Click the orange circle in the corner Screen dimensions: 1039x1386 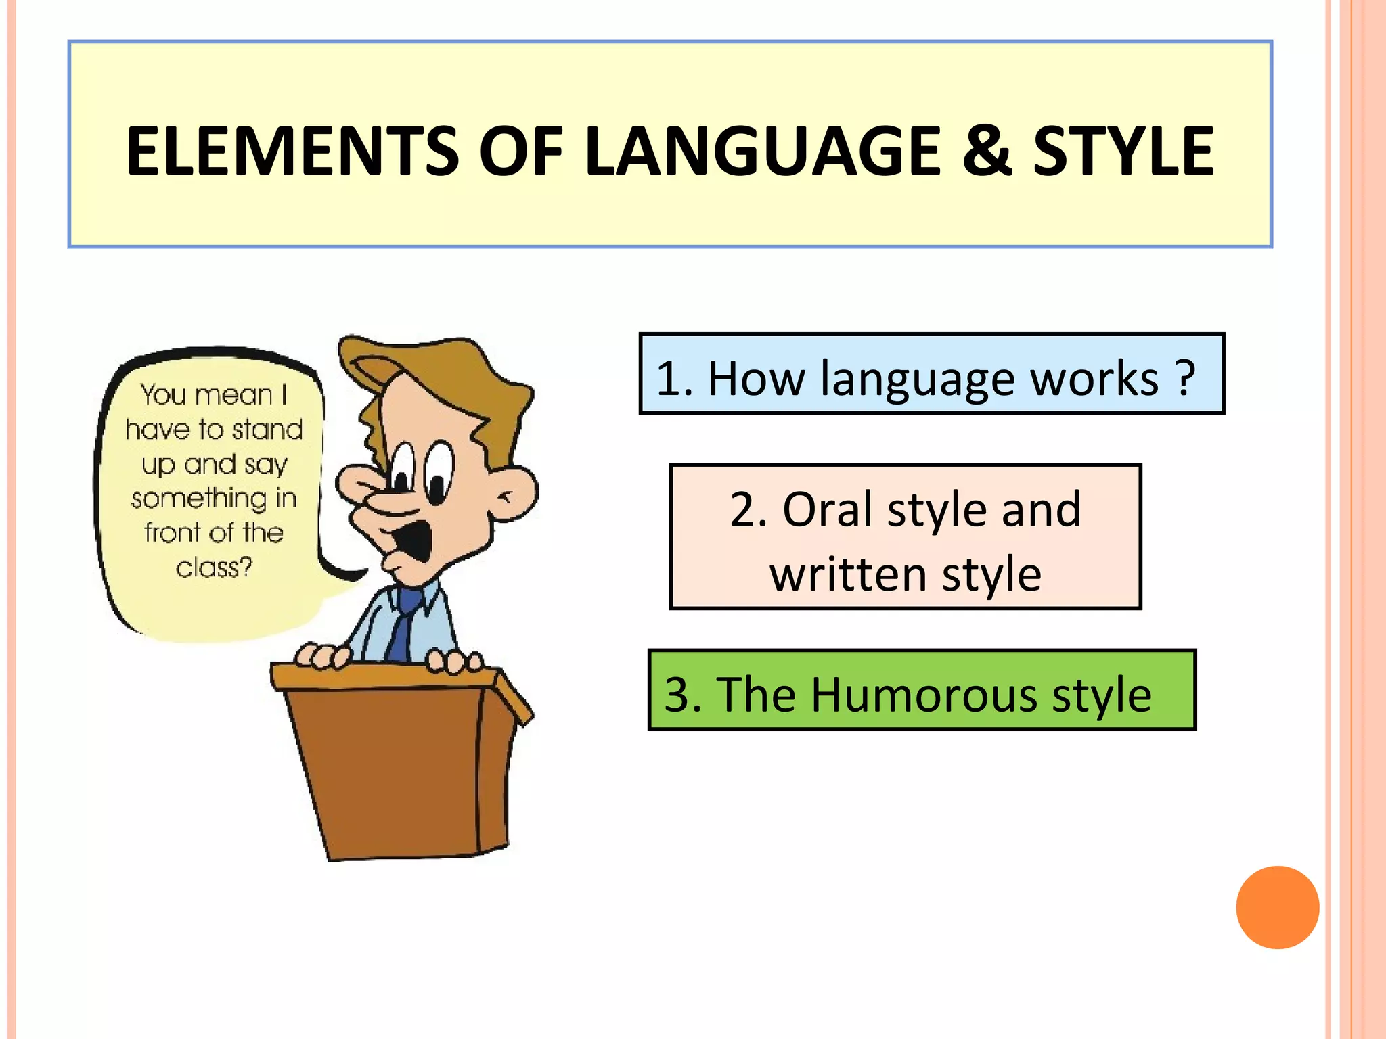point(1277,907)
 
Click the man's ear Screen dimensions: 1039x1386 point(513,492)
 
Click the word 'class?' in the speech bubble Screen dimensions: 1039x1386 point(214,567)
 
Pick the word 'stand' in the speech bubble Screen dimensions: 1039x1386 point(267,430)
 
